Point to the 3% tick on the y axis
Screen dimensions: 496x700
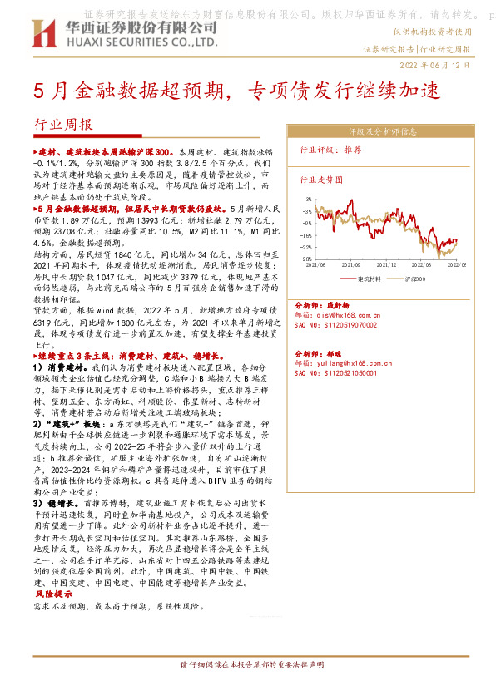pos(308,200)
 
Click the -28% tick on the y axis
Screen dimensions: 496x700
pos(306,259)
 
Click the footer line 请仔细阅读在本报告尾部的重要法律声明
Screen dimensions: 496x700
pos(247,667)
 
